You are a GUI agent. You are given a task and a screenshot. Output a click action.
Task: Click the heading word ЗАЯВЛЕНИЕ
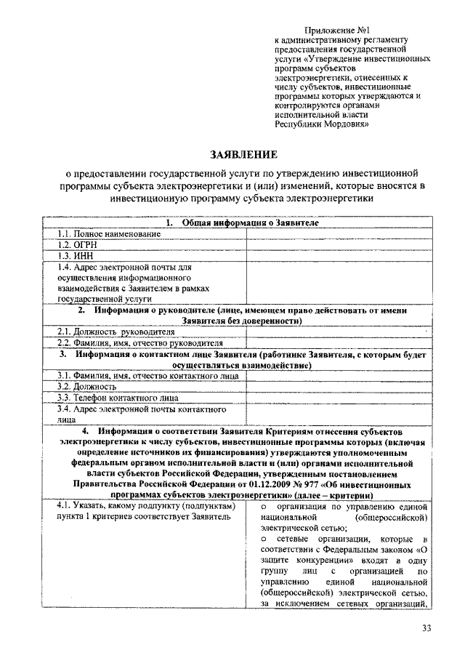243,155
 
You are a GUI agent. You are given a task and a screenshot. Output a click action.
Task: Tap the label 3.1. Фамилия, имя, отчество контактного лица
145,376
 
